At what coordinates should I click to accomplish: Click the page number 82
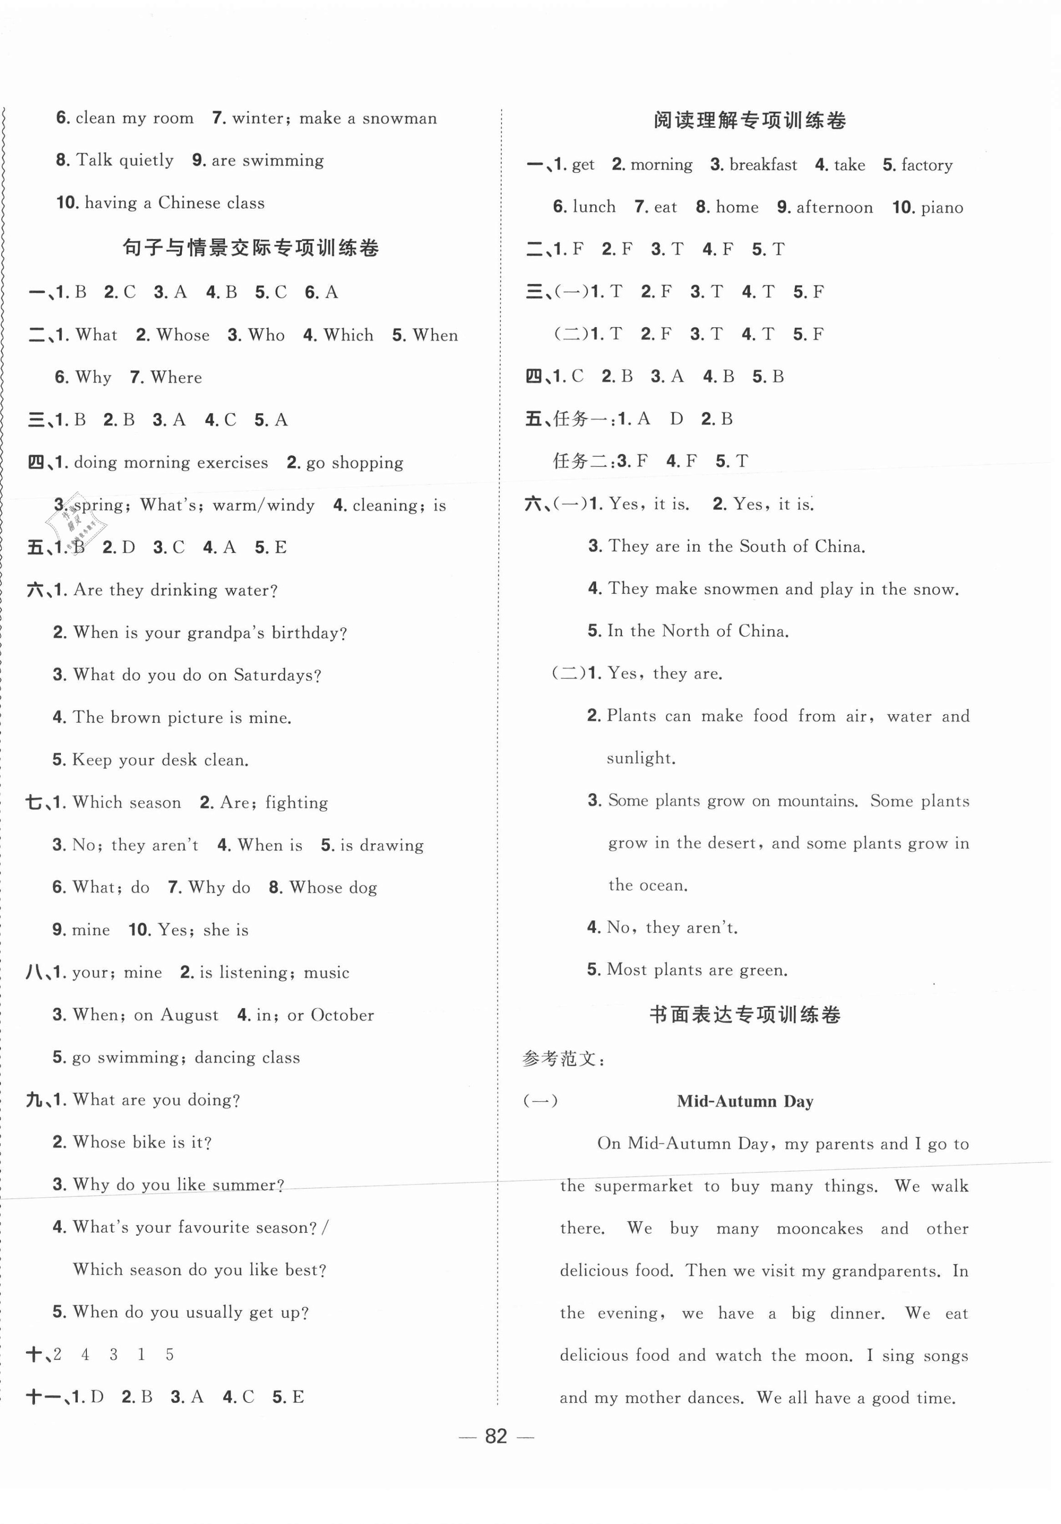[x=496, y=1436]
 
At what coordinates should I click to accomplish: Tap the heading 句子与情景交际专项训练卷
[x=250, y=248]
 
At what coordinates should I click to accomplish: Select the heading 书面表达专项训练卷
[x=745, y=1015]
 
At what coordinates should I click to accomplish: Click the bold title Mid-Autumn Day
[x=745, y=1101]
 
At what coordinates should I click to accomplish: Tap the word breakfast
[x=763, y=165]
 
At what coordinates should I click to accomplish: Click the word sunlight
[x=640, y=758]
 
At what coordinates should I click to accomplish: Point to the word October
[x=342, y=1015]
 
